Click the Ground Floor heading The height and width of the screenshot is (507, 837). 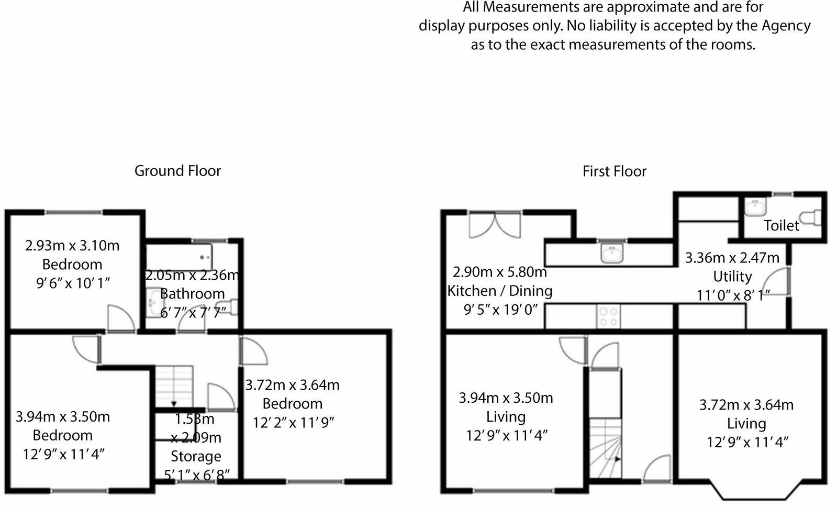coord(177,171)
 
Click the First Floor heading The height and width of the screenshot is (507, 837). coord(614,171)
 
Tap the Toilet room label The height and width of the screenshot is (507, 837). coord(781,225)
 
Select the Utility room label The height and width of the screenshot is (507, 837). coord(732,276)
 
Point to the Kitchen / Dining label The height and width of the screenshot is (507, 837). coord(500,291)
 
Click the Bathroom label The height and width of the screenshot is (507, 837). coord(192,293)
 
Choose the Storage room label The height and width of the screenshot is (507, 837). coord(196,456)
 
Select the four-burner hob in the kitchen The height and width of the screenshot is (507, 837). coord(608,317)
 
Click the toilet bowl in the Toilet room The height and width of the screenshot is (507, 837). coord(811,217)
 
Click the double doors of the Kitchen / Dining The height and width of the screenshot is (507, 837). coord(495,224)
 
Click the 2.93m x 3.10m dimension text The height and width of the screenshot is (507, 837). coord(72,245)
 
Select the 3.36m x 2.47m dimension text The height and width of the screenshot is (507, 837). coord(732,258)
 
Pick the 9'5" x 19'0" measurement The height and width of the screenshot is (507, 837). coord(500,310)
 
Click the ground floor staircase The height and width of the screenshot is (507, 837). coord(175,386)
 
